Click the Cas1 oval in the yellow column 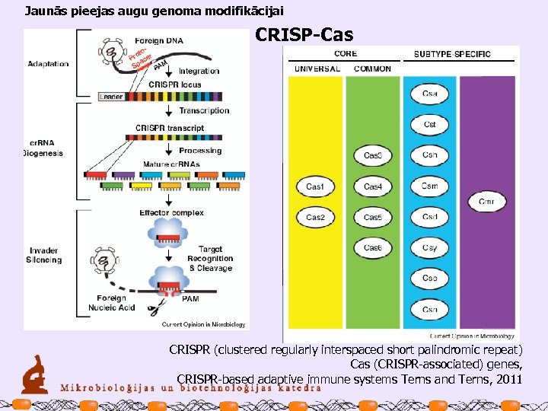[315, 186]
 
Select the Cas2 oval [315, 218]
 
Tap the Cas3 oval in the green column [372, 156]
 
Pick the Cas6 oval [372, 248]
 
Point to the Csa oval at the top [430, 94]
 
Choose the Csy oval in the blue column [430, 248]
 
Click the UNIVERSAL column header [316, 68]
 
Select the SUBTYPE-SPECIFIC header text [452, 54]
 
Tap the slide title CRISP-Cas [304, 35]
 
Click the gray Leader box [111, 97]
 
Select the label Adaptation [47, 64]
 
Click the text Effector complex [171, 212]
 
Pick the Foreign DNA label [158, 39]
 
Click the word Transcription [204, 110]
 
